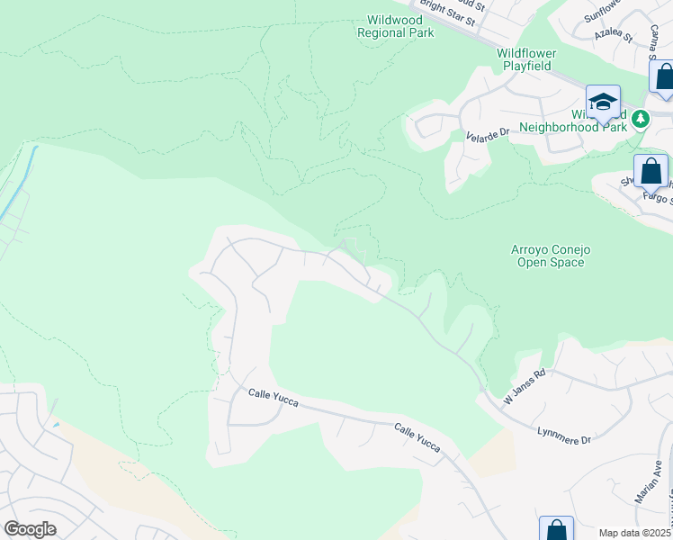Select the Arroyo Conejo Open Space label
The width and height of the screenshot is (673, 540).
[551, 256]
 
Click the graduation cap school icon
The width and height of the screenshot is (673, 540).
[603, 103]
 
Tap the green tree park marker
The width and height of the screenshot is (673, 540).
[640, 119]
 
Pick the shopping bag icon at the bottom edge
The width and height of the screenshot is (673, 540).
[556, 529]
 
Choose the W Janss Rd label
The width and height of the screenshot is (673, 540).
[525, 386]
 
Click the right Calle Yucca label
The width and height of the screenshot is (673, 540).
[418, 436]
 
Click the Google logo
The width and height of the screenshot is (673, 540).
[30, 528]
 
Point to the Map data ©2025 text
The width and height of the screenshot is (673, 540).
[635, 533]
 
